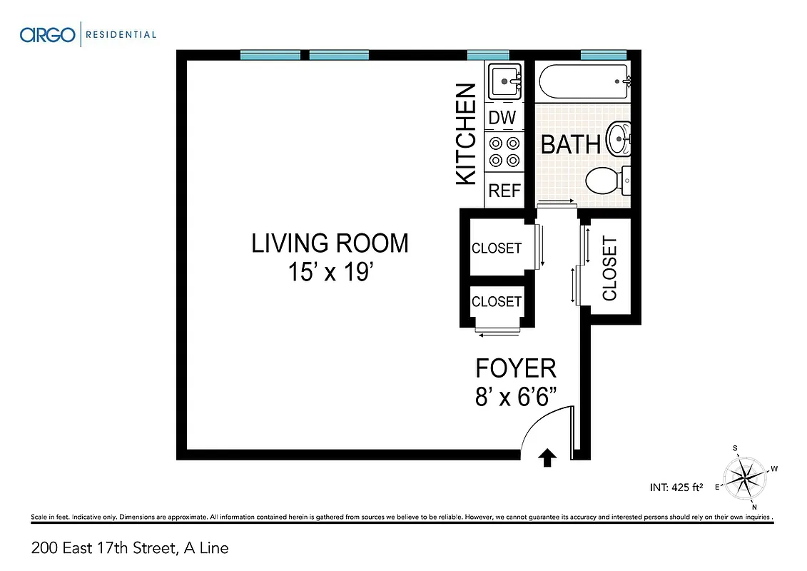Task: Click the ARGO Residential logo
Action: click(x=88, y=34)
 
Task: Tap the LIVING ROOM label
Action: click(x=330, y=243)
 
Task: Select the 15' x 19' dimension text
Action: click(x=330, y=273)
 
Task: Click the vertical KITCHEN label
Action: click(x=466, y=134)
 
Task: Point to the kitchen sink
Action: click(x=506, y=81)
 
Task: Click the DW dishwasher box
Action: click(x=502, y=117)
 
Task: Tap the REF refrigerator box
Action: click(x=504, y=191)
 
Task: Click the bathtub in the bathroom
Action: click(x=583, y=82)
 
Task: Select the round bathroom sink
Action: click(x=619, y=137)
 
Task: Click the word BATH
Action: click(x=570, y=144)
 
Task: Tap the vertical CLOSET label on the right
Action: click(x=609, y=268)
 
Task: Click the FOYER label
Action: click(x=516, y=368)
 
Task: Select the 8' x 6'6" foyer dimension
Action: click(x=516, y=397)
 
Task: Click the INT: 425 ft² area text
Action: click(x=676, y=488)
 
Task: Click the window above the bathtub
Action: click(x=603, y=54)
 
